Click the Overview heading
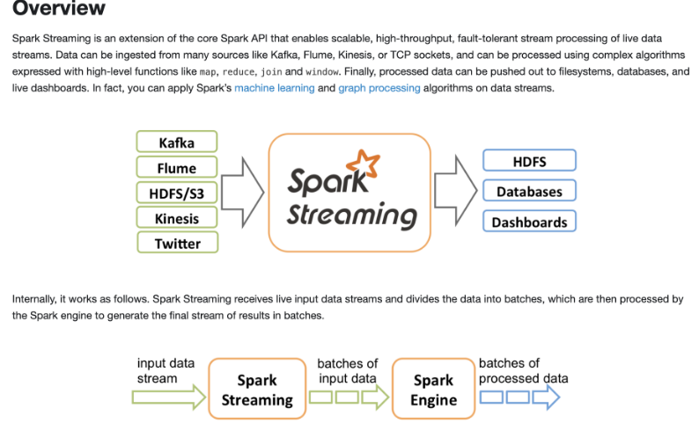pyautogui.click(x=59, y=10)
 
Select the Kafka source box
pyautogui.click(x=177, y=142)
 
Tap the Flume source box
pyautogui.click(x=177, y=168)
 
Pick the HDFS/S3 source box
pyautogui.click(x=177, y=193)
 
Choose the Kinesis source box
pyautogui.click(x=177, y=218)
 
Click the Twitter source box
pyautogui.click(x=177, y=244)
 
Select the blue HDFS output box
pyautogui.click(x=529, y=161)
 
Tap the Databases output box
pyautogui.click(x=529, y=191)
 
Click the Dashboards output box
pyautogui.click(x=529, y=222)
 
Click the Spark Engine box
pyautogui.click(x=434, y=390)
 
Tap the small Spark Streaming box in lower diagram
pyautogui.click(x=256, y=390)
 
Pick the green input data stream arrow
pyautogui.click(x=167, y=397)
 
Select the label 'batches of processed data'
pyautogui.click(x=522, y=370)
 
